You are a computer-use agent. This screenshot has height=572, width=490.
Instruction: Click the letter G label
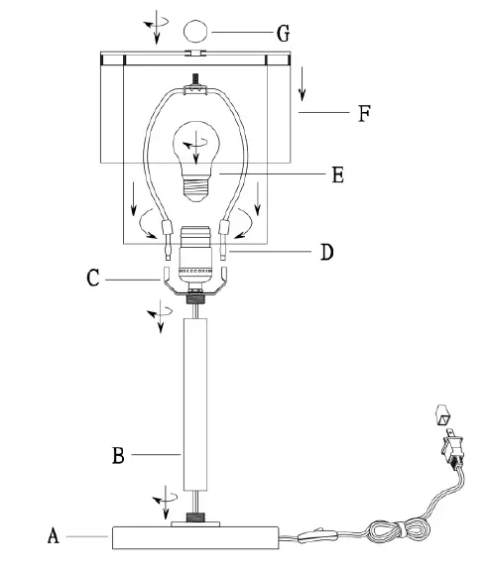[x=283, y=33]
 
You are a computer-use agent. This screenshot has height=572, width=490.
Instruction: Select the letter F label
[x=364, y=113]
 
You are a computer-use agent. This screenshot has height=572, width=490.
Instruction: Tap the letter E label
[x=337, y=174]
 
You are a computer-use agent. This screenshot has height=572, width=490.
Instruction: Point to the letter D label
[x=326, y=252]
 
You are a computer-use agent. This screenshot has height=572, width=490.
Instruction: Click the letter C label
[x=92, y=279]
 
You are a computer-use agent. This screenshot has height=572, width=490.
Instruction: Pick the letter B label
[x=118, y=455]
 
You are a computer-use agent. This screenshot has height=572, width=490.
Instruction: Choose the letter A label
[x=54, y=536]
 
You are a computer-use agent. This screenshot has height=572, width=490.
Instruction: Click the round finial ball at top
[x=195, y=32]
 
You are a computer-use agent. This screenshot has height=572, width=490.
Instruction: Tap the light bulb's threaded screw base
[x=196, y=188]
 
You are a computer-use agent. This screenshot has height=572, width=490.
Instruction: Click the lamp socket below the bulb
[x=196, y=256]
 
